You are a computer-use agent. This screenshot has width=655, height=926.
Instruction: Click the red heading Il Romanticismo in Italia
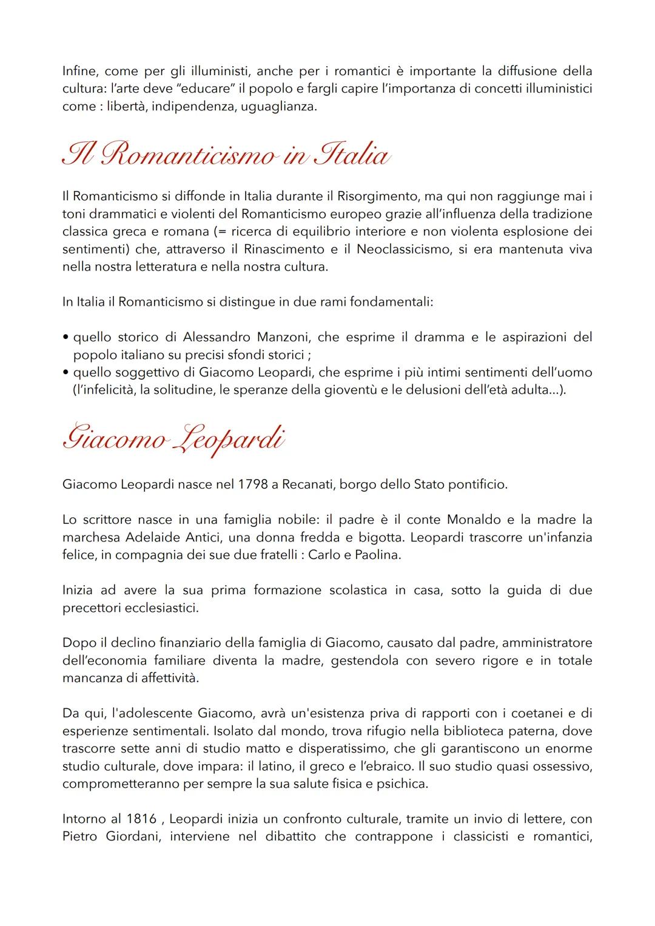225,155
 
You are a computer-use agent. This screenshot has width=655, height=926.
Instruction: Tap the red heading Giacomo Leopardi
173,439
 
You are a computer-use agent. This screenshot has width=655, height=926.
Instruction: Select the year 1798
254,484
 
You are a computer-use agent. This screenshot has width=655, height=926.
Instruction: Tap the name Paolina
380,555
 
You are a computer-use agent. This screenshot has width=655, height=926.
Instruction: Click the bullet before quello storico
65,338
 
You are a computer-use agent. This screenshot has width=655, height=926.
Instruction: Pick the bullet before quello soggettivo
65,373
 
